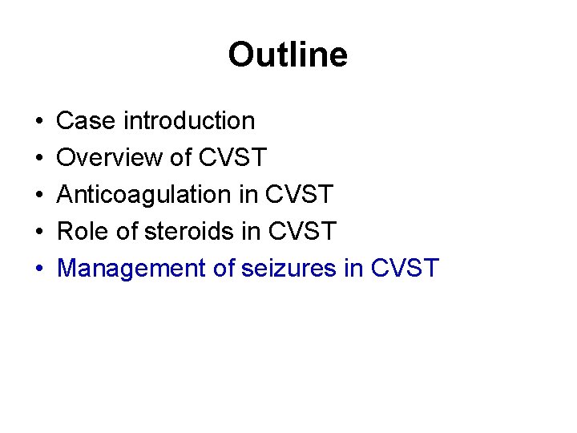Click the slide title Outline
tap(288, 55)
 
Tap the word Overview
tap(109, 158)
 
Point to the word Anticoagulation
tap(143, 195)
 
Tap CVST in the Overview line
tap(232, 158)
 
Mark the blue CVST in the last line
tap(406, 269)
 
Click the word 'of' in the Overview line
tap(180, 158)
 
